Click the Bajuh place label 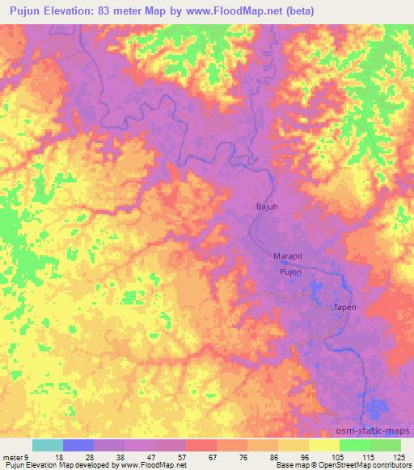pyautogui.click(x=263, y=208)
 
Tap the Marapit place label pyautogui.click(x=287, y=258)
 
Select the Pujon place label pyautogui.click(x=290, y=272)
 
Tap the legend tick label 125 pyautogui.click(x=399, y=456)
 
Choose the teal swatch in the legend pyautogui.click(x=48, y=445)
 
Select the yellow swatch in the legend pyautogui.click(x=324, y=445)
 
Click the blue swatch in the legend pyautogui.click(x=78, y=445)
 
